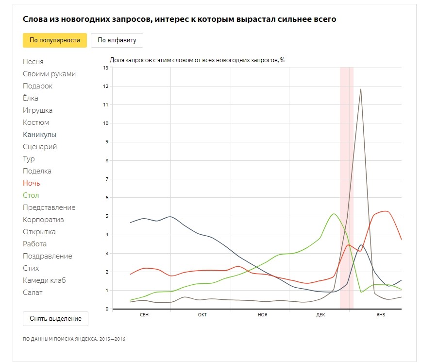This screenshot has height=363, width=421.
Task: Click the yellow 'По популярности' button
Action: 54,40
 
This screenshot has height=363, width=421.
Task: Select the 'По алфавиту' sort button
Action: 117,40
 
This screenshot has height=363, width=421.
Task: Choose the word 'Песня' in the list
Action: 33,62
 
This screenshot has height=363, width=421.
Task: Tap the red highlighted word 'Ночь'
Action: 32,183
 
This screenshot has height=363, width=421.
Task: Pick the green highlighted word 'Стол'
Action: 31,195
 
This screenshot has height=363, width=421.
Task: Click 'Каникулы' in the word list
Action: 39,135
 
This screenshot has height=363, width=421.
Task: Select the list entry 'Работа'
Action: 35,244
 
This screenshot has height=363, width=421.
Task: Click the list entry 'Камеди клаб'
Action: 44,280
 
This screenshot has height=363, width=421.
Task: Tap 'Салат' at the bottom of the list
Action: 33,293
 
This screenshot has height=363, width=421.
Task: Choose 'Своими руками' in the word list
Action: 49,74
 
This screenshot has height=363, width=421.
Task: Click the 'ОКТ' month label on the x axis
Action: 202,315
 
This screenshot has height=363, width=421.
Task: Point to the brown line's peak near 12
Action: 360,89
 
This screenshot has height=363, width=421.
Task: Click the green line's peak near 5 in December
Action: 334,214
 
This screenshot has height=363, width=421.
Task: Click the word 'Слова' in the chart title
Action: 34,19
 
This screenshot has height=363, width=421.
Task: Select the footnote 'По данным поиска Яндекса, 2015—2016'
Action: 74,339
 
